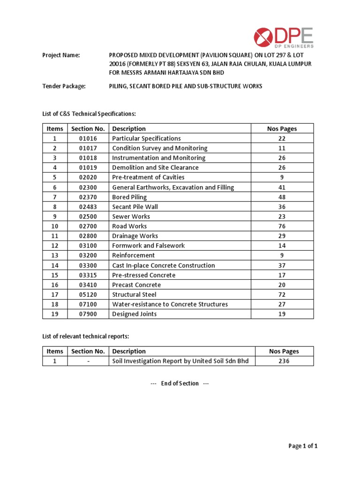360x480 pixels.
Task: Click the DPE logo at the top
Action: pos(284,37)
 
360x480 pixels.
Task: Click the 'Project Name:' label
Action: pos(61,55)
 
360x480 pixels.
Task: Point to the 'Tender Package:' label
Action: pos(64,86)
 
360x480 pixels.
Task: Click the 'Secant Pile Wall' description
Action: pos(135,207)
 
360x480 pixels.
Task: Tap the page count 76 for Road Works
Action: pos(282,226)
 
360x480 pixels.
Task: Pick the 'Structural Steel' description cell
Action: pos(134,295)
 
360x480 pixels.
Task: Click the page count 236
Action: pos(284,361)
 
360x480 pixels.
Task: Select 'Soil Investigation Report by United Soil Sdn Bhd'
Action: pos(180,361)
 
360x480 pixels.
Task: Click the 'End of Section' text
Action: pos(180,383)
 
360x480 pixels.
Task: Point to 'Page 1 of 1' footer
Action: pos(303,446)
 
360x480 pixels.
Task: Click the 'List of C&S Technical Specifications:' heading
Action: pos(89,114)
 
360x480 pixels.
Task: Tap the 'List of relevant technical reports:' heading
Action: pos(86,337)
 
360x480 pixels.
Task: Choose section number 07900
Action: pos(88,314)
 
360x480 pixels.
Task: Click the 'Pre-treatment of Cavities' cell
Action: pos(148,177)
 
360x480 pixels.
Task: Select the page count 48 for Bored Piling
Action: pos(282,197)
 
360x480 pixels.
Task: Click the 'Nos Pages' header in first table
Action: pos(282,129)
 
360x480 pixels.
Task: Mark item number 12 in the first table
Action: pos(54,246)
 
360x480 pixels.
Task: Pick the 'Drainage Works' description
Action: pos(135,236)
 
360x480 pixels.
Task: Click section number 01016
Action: pos(88,139)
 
